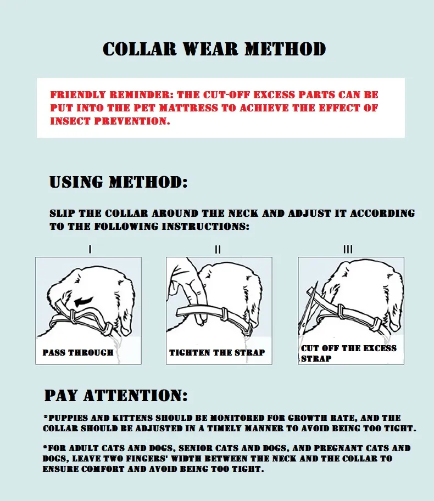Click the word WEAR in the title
click(x=210, y=49)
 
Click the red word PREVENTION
click(x=132, y=121)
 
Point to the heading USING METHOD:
click(x=118, y=182)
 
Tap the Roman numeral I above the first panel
click(x=90, y=249)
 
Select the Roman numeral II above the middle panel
click(x=218, y=249)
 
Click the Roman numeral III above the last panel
click(x=348, y=249)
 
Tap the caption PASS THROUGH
click(x=78, y=352)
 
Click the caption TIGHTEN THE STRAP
click(x=217, y=352)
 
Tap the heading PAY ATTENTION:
click(x=116, y=396)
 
